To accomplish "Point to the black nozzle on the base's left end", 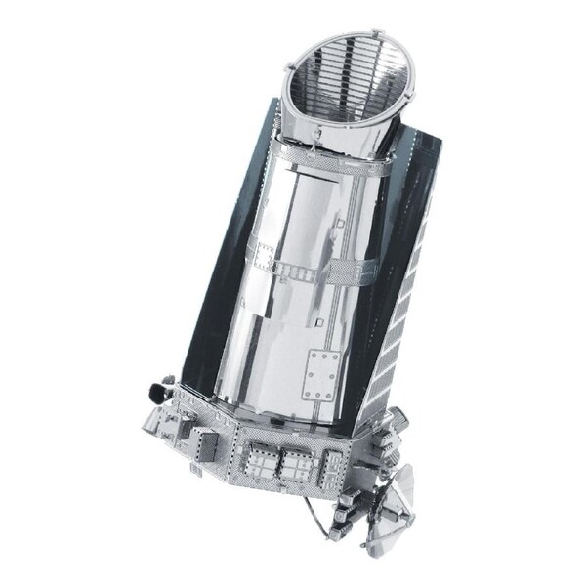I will tap(155, 393).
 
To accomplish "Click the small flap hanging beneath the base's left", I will tap(195, 469).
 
